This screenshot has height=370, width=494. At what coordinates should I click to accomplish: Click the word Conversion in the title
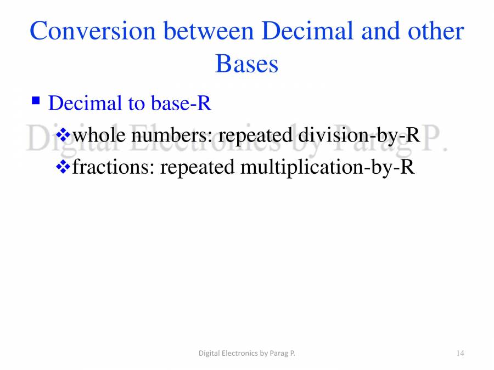click(x=93, y=31)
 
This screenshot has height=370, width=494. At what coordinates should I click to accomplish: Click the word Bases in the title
click(x=246, y=64)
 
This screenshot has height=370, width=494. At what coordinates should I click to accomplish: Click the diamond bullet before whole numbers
click(x=64, y=134)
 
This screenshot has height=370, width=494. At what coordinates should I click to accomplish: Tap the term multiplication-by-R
click(x=327, y=167)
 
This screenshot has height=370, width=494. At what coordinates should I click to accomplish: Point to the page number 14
click(x=460, y=354)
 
